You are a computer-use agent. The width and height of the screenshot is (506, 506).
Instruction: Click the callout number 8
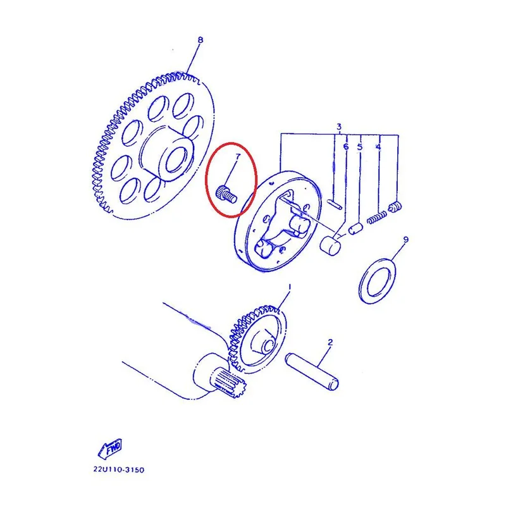[201, 40]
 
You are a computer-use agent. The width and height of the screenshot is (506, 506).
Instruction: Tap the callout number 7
[238, 156]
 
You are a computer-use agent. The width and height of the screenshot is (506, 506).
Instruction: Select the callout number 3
[339, 126]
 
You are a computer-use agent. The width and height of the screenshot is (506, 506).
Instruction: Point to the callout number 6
[346, 147]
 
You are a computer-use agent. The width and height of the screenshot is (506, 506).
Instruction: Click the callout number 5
[360, 147]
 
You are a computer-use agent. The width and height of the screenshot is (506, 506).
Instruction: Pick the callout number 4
[378, 147]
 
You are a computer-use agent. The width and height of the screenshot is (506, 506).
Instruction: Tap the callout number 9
[405, 240]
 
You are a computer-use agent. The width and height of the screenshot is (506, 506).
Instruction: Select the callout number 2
[330, 342]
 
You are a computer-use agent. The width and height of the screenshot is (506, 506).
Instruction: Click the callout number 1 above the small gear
[290, 287]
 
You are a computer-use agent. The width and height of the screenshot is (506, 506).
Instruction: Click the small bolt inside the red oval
[226, 194]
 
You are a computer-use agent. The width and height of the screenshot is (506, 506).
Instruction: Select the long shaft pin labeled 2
[312, 371]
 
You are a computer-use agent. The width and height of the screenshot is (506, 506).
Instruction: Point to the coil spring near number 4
[377, 217]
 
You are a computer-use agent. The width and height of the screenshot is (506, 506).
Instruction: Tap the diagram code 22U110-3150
[119, 469]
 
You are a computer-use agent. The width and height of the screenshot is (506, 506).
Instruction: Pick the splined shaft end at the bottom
[230, 383]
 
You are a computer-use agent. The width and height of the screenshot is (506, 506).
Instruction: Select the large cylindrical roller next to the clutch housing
[330, 245]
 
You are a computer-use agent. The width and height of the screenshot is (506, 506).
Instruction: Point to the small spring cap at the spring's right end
[395, 207]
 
